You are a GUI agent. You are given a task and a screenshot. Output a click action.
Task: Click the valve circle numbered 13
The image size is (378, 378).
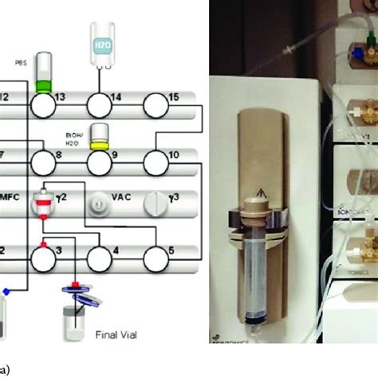[x=44, y=104]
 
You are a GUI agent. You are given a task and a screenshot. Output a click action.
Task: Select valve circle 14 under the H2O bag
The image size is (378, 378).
[x=100, y=104]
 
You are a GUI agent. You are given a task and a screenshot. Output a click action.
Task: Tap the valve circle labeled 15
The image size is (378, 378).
[x=156, y=104]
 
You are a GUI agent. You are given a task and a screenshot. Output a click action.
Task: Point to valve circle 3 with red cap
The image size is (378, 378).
[x=44, y=258]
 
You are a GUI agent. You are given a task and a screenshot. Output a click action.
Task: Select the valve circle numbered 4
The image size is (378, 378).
[x=100, y=258]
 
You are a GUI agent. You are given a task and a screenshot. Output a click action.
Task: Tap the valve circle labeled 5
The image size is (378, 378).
[x=156, y=258]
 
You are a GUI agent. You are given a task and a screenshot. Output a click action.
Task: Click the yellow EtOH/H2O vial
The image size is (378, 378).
[x=100, y=136]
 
